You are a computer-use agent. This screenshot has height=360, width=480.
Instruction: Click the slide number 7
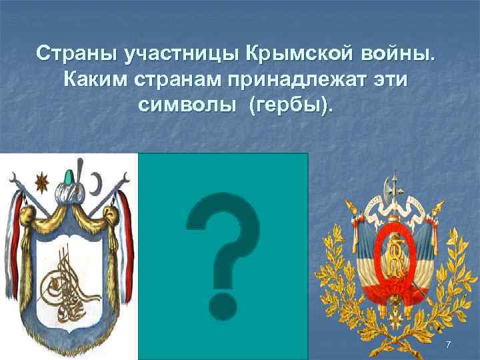448,344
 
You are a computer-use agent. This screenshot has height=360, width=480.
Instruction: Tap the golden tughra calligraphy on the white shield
66,281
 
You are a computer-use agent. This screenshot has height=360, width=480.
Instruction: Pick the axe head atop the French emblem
393,179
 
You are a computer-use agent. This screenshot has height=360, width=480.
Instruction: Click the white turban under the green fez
68,197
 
